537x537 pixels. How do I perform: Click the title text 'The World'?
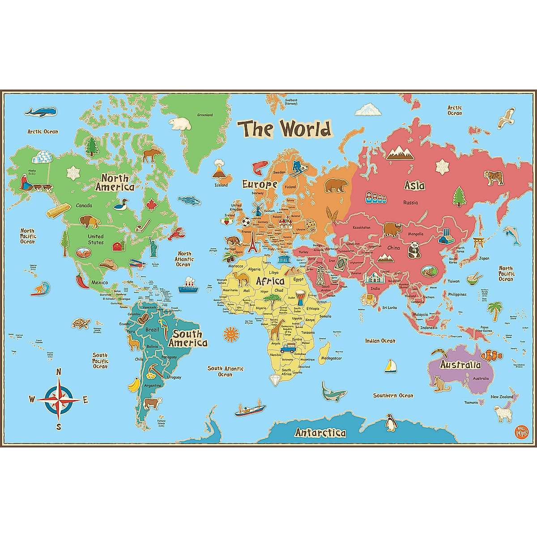coord(285,128)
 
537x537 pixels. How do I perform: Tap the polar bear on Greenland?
coord(180,124)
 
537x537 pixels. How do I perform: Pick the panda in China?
coord(414,249)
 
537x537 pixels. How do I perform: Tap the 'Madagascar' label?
coord(332,358)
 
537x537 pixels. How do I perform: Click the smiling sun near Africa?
coord(230,333)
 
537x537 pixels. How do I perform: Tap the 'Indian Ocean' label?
coord(380,341)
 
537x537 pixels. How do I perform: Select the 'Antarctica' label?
coord(320,433)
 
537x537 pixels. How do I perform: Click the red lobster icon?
coord(178,233)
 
